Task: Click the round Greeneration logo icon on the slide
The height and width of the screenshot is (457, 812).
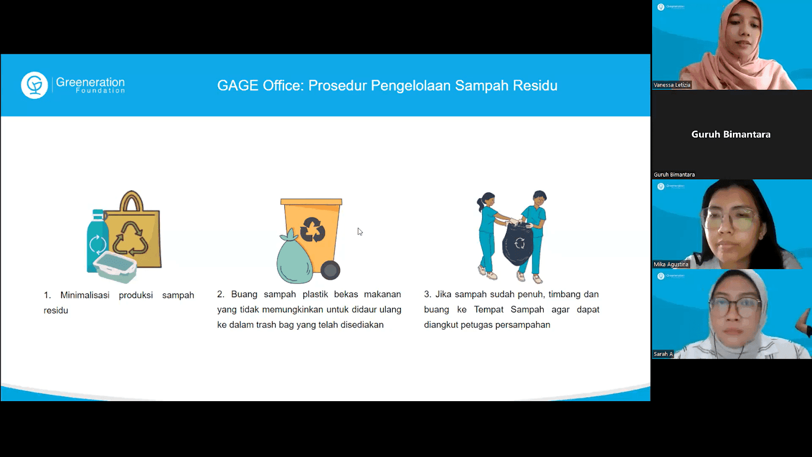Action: (x=35, y=85)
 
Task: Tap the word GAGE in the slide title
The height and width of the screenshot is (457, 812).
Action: (x=238, y=86)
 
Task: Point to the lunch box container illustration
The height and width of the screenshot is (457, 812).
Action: (x=115, y=267)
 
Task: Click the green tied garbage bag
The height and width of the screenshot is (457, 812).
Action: (x=294, y=257)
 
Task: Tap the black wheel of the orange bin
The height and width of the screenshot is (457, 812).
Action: (x=330, y=270)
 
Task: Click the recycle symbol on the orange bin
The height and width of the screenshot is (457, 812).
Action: (x=313, y=229)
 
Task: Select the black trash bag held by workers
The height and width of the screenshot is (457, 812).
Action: (x=518, y=244)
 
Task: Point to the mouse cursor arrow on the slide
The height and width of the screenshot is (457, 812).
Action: (x=360, y=232)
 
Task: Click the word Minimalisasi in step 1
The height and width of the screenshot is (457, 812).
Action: (x=85, y=295)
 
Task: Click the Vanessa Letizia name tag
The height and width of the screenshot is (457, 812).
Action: (x=672, y=85)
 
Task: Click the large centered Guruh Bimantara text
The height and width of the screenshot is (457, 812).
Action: (x=731, y=134)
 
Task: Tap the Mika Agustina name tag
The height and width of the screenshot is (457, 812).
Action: (x=671, y=265)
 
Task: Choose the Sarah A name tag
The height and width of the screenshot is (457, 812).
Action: (x=663, y=354)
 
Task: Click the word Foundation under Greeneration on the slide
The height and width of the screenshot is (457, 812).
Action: (x=100, y=90)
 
